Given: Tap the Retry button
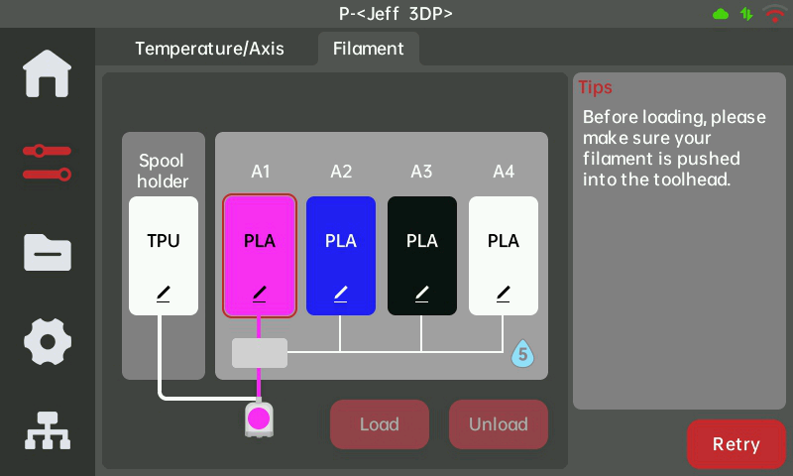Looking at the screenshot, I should tap(736, 444).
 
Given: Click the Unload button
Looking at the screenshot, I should tap(498, 424).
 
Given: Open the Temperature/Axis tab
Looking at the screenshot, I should tap(209, 49).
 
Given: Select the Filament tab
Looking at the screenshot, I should tap(368, 49).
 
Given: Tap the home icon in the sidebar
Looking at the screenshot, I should tap(48, 73).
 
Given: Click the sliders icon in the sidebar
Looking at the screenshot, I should tap(48, 163).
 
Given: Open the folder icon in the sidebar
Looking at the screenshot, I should tap(48, 252).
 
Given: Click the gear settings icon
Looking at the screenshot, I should tap(48, 342).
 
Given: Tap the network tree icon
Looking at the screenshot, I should tap(48, 430).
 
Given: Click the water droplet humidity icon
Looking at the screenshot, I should tap(522, 353).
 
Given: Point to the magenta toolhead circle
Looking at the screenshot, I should tap(259, 417).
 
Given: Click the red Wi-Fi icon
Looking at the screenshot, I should tap(774, 14).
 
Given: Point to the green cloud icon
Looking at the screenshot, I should tap(721, 14).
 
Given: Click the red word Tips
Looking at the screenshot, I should tap(595, 87).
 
